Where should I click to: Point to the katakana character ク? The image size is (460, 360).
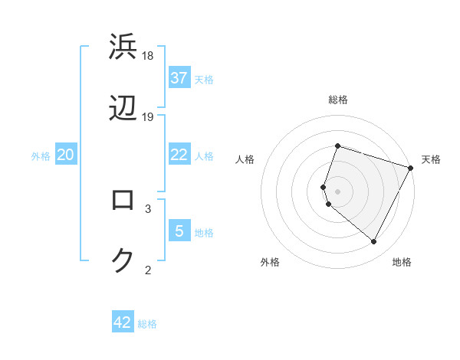[123, 261]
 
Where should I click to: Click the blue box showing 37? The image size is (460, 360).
[179, 78]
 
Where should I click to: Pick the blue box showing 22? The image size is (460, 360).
[179, 155]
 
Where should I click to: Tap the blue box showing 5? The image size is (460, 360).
[179, 231]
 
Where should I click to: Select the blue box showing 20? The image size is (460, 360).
[66, 155]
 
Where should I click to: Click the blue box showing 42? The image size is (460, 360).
[123, 322]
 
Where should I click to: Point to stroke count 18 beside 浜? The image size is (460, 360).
[149, 56]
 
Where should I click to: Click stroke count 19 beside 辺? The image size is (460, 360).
[149, 117]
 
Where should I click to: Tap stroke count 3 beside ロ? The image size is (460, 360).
[148, 208]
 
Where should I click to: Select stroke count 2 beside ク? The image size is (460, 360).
[148, 269]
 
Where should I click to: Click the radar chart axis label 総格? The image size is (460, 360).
[338, 100]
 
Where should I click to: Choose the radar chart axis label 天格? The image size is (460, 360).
[431, 159]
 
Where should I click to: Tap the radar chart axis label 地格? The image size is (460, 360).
[402, 262]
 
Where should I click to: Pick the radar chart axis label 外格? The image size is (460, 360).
[270, 262]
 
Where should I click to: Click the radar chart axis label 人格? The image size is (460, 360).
[245, 159]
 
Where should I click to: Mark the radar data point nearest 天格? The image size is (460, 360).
[411, 167]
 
